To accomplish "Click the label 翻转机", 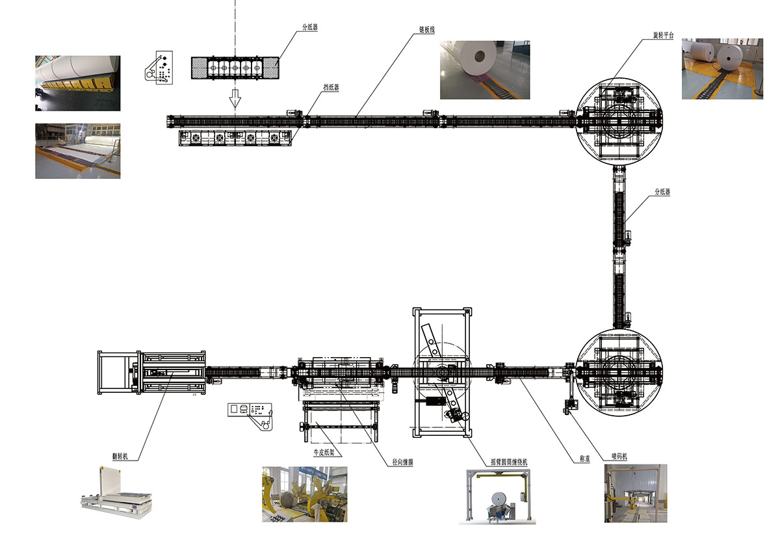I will coord(120,457).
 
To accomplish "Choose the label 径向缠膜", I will coord(403,462).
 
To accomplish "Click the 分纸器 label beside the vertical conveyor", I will coord(662,192).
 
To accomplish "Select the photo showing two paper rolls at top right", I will coord(721,69).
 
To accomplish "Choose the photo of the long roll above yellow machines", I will coord(77,83).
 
